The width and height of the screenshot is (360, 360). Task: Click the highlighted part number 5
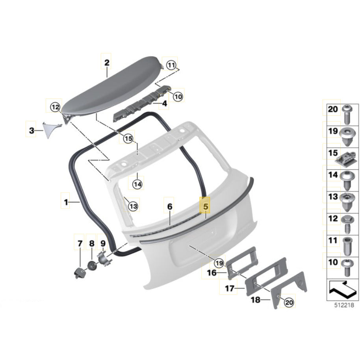click(205, 206)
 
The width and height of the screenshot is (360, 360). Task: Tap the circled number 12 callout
click(55, 107)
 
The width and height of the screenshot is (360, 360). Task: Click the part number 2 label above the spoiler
click(107, 63)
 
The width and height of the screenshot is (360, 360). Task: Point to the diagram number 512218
click(344, 305)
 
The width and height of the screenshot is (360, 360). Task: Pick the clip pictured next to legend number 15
click(347, 158)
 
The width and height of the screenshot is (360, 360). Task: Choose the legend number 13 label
click(333, 197)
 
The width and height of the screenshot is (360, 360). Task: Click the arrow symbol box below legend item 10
click(342, 290)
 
